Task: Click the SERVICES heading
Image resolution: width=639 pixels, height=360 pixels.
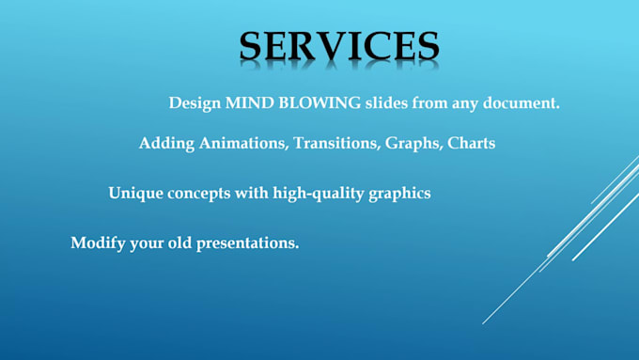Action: point(338,46)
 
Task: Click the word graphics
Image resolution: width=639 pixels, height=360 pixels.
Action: point(398,194)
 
